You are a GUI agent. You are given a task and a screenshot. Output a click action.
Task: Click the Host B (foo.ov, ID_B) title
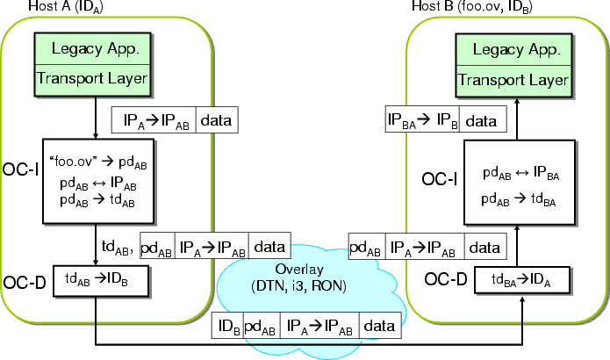[471, 7]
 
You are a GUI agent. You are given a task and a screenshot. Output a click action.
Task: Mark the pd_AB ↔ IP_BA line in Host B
[521, 174]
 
